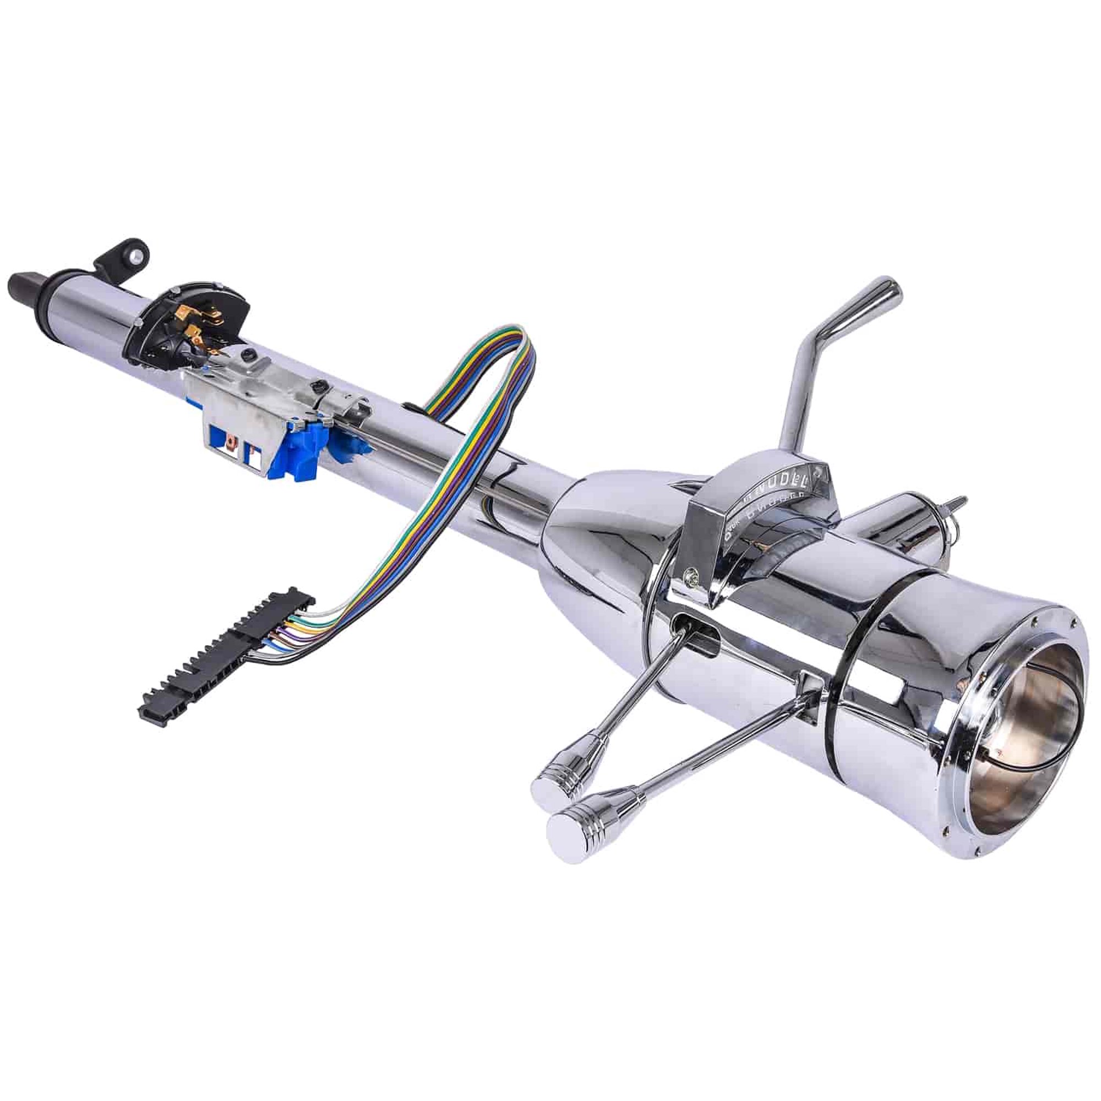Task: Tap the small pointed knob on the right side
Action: (957, 504)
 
